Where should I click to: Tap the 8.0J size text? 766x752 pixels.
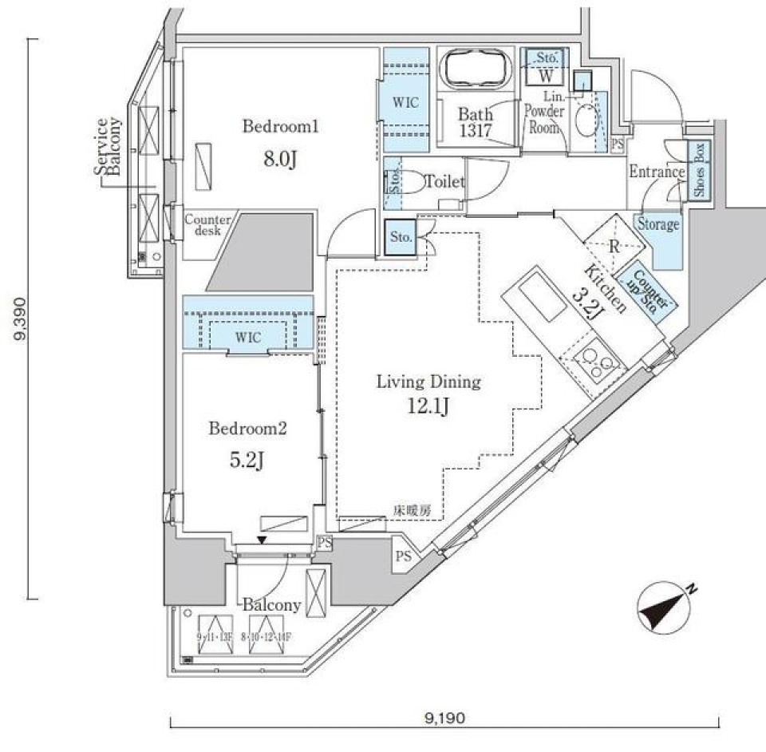pyautogui.click(x=281, y=160)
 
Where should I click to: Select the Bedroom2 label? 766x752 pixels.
pyautogui.click(x=247, y=429)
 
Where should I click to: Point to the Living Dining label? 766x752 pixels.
pyautogui.click(x=429, y=382)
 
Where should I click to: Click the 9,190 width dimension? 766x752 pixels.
pyautogui.click(x=444, y=718)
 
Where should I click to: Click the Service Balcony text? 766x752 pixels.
pyautogui.click(x=107, y=148)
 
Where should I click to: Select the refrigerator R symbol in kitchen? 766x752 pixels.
pyautogui.click(x=613, y=246)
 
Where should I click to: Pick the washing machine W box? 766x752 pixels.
pyautogui.click(x=546, y=77)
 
